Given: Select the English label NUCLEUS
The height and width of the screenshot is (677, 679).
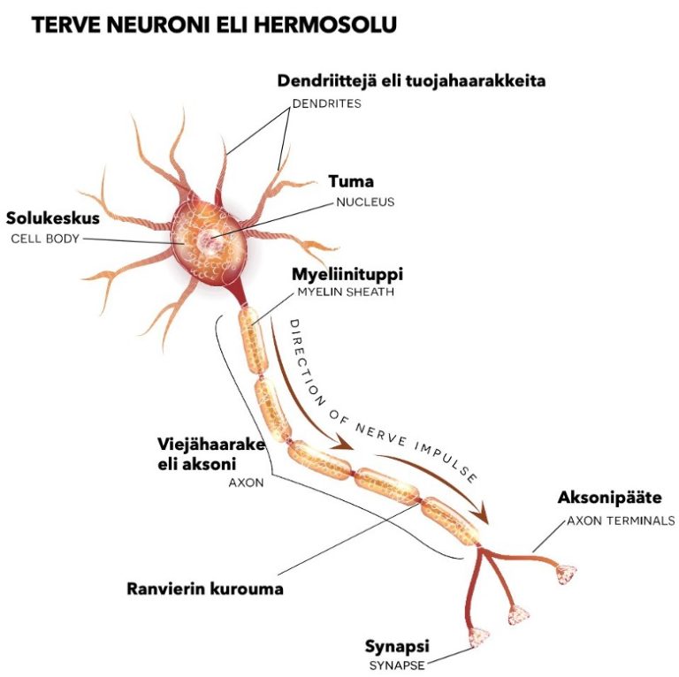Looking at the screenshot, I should pyautogui.click(x=364, y=202).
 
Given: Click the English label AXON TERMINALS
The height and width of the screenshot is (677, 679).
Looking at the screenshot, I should pyautogui.click(x=621, y=521).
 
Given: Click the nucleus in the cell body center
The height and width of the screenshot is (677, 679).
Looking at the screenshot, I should pyautogui.click(x=210, y=238).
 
